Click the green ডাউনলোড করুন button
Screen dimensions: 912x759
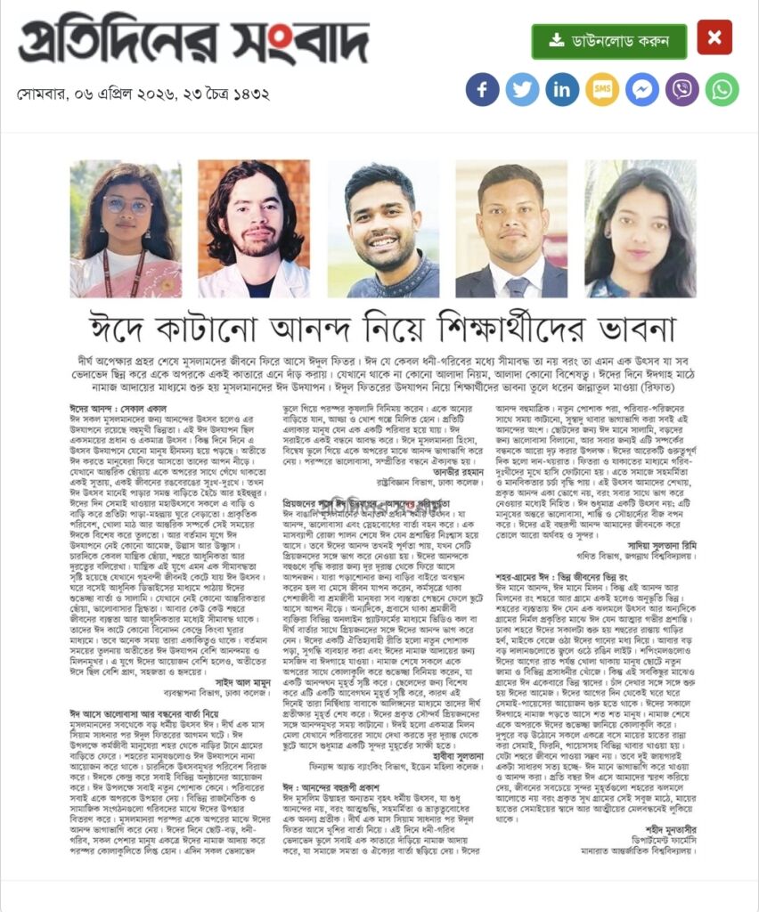[x=608, y=41]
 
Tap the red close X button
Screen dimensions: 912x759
[x=714, y=37]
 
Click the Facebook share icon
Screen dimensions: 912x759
[x=482, y=90]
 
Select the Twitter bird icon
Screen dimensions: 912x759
[x=522, y=90]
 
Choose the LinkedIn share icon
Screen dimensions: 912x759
[x=562, y=90]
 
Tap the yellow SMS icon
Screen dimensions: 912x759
[x=602, y=90]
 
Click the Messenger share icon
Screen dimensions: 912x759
[x=642, y=90]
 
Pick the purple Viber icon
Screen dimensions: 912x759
[x=682, y=90]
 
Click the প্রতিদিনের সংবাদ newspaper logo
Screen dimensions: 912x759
[x=192, y=44]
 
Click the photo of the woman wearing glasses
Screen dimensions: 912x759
[x=126, y=229]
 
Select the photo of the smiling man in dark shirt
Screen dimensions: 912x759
[x=383, y=229]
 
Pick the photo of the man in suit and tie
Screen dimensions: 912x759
[x=511, y=229]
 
